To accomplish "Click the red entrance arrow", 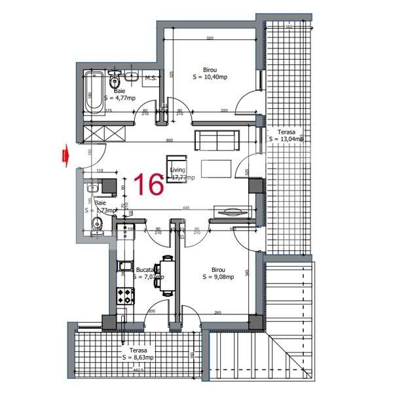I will [x=65, y=155].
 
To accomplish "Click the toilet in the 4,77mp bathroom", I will [x=115, y=81].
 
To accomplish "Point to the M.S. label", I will [x=150, y=79].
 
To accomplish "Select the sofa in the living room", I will [x=217, y=139].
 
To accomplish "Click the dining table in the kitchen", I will [x=168, y=275].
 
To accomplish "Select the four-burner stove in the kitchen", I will [x=124, y=297].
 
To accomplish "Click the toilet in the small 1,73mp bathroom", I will [x=98, y=226].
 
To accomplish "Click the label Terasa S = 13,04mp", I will [x=287, y=135].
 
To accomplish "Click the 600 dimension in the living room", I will [x=168, y=140].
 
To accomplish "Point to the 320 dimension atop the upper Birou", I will [x=210, y=39].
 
